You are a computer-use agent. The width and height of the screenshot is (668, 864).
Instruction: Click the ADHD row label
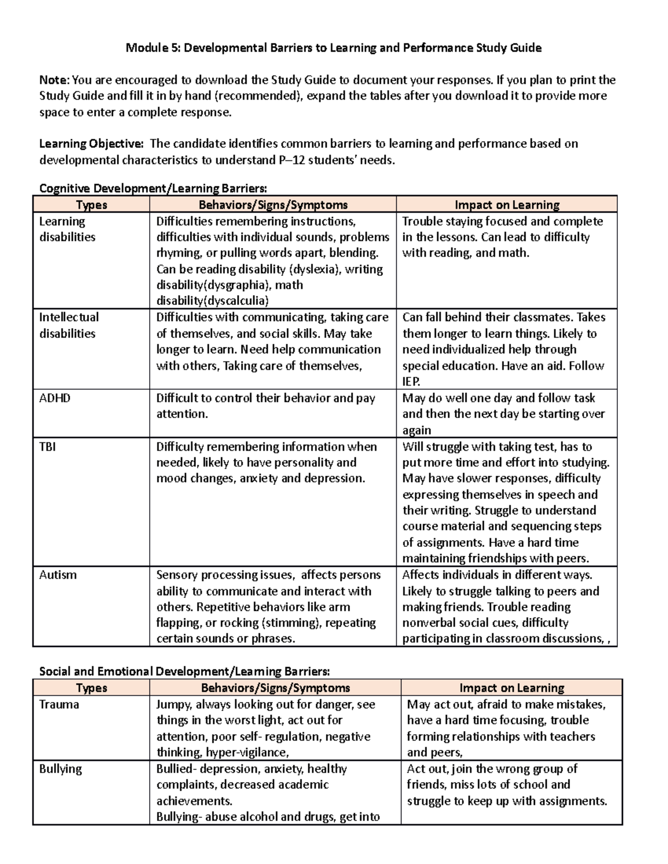point(55,398)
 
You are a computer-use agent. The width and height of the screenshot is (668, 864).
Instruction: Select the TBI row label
point(47,447)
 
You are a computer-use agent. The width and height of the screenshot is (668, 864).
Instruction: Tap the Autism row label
point(58,575)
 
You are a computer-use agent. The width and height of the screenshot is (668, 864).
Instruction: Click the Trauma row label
point(59,704)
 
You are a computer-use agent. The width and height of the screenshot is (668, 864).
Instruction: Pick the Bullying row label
point(60,769)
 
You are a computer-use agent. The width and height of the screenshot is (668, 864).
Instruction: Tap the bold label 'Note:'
point(55,80)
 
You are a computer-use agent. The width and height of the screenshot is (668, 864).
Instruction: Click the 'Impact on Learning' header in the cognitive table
point(507,205)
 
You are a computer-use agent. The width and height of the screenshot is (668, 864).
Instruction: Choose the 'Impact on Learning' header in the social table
point(512,688)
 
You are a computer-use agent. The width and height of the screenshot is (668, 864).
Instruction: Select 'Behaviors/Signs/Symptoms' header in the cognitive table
point(273,205)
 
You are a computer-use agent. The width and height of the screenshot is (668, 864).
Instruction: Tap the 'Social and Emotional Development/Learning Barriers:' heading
point(184,672)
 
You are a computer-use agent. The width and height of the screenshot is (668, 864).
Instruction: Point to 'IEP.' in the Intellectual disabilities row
point(411,382)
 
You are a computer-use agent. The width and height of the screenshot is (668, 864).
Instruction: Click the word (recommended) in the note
point(258,96)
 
